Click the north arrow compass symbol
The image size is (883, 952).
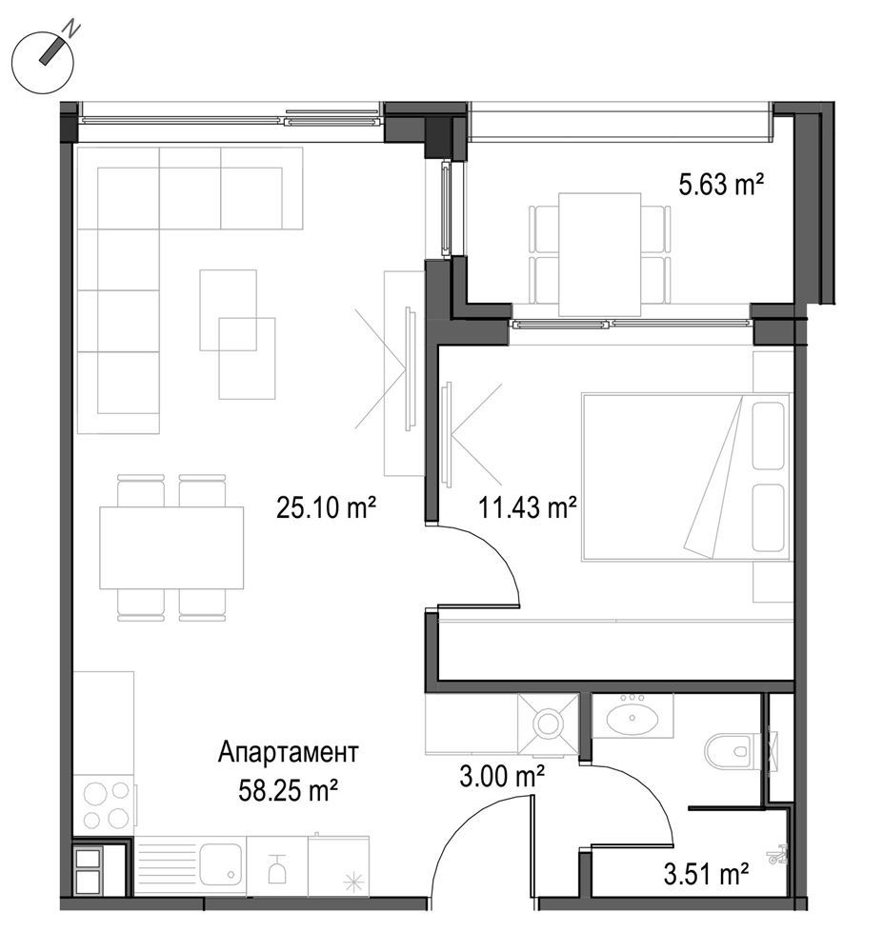(44, 65)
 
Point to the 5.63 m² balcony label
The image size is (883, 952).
(722, 185)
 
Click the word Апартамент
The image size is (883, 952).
(288, 754)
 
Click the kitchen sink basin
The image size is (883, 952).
(219, 864)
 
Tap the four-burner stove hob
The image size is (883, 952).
(105, 804)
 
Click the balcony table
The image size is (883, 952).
(599, 253)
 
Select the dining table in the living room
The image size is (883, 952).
(171, 547)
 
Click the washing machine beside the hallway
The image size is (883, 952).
(548, 724)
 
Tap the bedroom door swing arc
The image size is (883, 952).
(495, 562)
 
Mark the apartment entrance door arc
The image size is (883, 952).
(467, 838)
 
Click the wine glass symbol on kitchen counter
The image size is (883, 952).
(277, 866)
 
